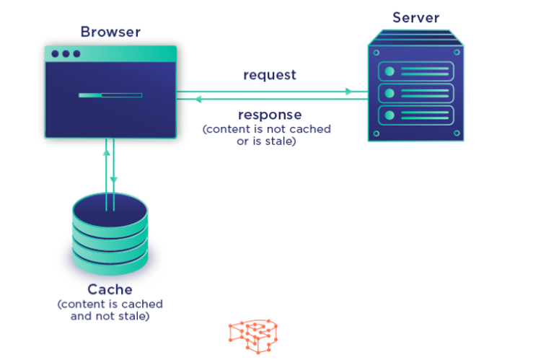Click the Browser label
click(x=110, y=32)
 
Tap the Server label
click(x=415, y=17)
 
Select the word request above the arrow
click(x=269, y=75)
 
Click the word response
click(x=270, y=115)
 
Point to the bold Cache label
click(x=110, y=289)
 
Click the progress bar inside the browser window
click(x=110, y=95)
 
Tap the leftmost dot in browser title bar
click(x=55, y=54)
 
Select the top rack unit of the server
click(x=416, y=71)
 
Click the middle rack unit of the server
click(x=416, y=93)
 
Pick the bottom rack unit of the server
click(x=416, y=115)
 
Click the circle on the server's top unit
click(x=390, y=71)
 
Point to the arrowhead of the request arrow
click(x=349, y=92)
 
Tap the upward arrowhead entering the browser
click(x=107, y=152)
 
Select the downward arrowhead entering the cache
click(x=114, y=180)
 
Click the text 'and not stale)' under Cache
click(x=110, y=315)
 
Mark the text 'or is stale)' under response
click(x=267, y=141)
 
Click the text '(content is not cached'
click(x=266, y=129)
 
